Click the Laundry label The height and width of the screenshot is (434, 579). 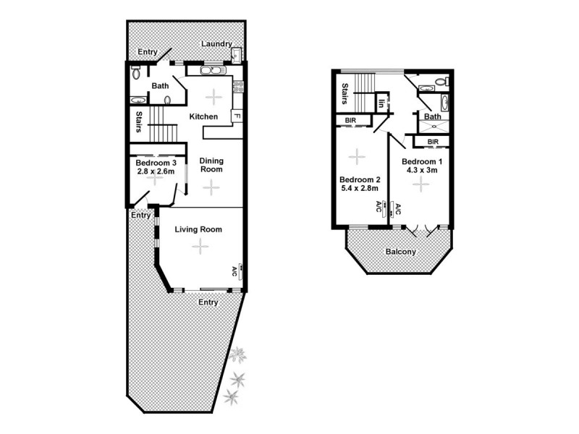tap(216, 43)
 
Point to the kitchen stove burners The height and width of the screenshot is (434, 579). tap(240, 87)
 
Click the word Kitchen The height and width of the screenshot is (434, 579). tap(203, 116)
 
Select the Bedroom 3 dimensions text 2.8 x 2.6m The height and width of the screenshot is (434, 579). tap(154, 171)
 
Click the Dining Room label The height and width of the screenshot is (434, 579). tap(211, 165)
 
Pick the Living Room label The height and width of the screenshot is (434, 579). tap(198, 229)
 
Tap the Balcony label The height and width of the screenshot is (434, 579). tap(400, 252)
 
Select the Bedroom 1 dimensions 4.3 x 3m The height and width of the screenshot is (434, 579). tap(420, 171)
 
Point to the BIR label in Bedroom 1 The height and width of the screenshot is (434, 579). tap(434, 142)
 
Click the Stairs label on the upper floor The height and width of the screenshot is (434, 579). tap(345, 94)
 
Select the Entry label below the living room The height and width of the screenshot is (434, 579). tap(208, 302)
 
